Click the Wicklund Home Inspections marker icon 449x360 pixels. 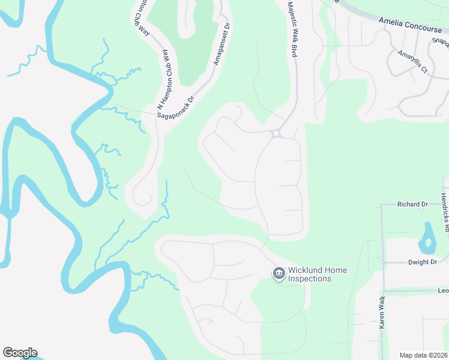pyautogui.click(x=279, y=274)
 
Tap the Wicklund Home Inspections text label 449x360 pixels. pyautogui.click(x=318, y=275)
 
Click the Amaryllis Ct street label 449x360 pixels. pyautogui.click(x=412, y=62)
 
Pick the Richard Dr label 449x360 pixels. pyautogui.click(x=412, y=205)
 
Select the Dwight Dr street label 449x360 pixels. pyautogui.click(x=423, y=262)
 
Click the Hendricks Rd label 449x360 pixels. pyautogui.click(x=444, y=212)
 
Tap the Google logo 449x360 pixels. pyautogui.click(x=20, y=353)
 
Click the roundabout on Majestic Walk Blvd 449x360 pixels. pyautogui.click(x=277, y=134)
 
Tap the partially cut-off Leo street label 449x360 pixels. pyautogui.click(x=443, y=291)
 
